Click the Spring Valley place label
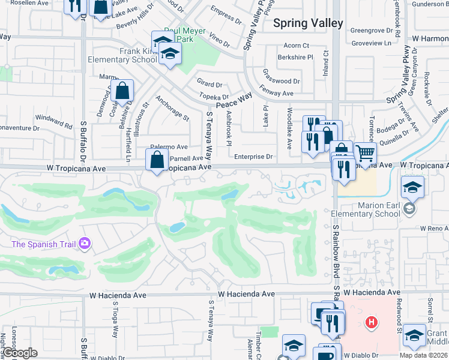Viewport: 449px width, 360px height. point(308,23)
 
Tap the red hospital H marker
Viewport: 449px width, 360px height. point(372,322)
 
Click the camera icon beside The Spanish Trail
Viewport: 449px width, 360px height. point(85,243)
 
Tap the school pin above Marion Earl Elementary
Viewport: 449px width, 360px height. point(412,188)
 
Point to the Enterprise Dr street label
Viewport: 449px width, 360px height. point(253,157)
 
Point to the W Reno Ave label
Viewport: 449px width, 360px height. point(434,229)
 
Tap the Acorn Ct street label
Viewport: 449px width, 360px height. point(296,46)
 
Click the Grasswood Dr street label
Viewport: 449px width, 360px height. point(281,81)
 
